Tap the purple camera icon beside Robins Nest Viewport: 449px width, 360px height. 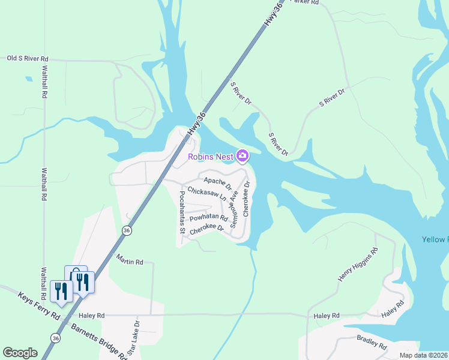pos(243,157)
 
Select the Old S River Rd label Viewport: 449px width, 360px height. pos(28,59)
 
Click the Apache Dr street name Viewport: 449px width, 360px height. pos(217,181)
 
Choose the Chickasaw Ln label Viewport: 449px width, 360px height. pos(206,193)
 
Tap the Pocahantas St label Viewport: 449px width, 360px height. pos(182,212)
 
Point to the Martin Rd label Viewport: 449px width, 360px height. pos(130,262)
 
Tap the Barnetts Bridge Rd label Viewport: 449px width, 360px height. pos(100,341)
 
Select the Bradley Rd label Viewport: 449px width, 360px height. pos(372,342)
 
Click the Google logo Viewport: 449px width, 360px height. pos(20,353)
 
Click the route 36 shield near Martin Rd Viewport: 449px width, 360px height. pos(126,230)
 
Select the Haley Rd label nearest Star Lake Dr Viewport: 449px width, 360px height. pos(92,315)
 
